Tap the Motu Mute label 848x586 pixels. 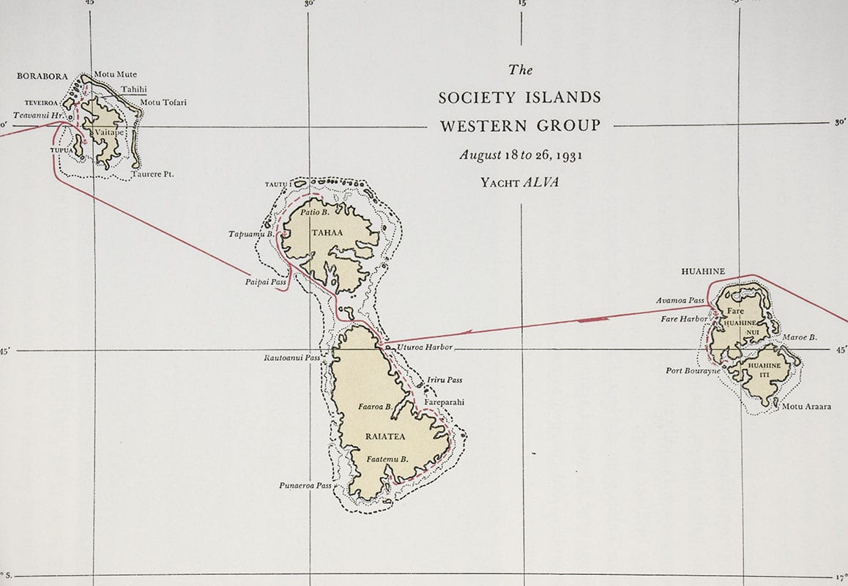coord(115,75)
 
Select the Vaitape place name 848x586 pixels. coord(106,133)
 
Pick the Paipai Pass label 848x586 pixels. coord(266,281)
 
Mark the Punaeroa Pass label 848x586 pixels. coord(305,486)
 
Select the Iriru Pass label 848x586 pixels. coord(445,380)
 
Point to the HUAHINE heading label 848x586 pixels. coord(703,272)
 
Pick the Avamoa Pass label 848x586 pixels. coord(680,301)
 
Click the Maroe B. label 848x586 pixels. coord(800,338)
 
